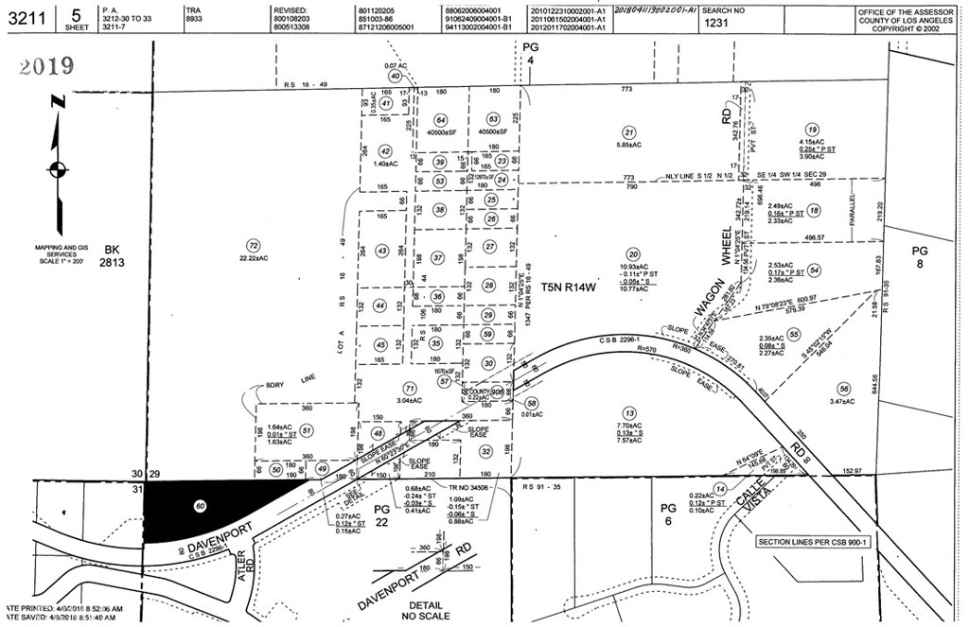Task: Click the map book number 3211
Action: (22, 16)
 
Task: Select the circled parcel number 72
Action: (252, 244)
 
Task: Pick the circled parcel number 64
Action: (440, 120)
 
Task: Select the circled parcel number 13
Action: (628, 412)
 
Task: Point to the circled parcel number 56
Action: (843, 389)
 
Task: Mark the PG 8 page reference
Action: (919, 257)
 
